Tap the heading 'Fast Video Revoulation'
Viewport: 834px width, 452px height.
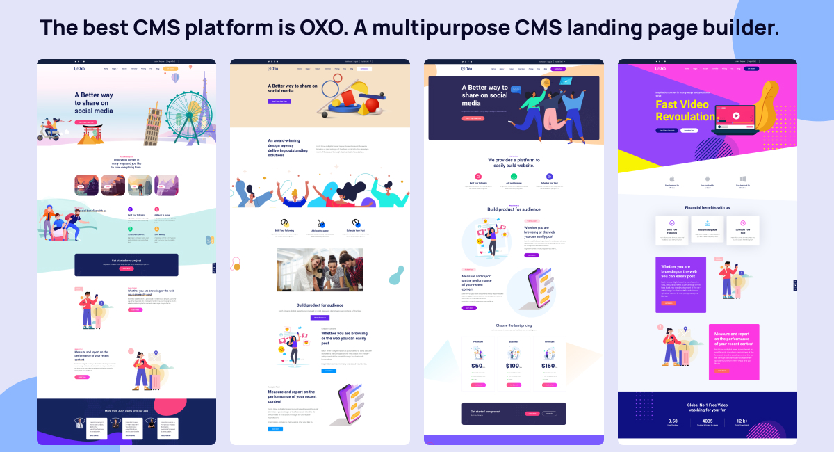(684, 110)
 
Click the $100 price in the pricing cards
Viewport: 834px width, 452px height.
(514, 366)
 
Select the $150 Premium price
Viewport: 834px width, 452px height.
(549, 366)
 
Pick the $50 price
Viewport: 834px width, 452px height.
(477, 366)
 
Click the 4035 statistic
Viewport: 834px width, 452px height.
(708, 421)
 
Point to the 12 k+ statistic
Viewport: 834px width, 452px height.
(742, 421)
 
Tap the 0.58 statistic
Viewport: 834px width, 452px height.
(673, 421)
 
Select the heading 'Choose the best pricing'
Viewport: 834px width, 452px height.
(514, 325)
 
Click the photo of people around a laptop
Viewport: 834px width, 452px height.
(320, 269)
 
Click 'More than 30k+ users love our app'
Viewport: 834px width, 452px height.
(126, 410)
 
